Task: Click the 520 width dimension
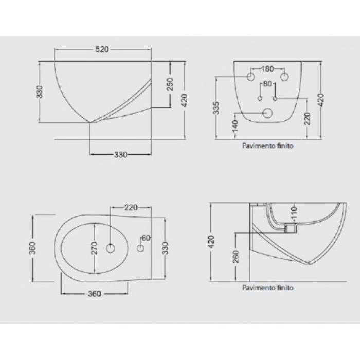tap(102, 49)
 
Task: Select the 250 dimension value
tap(170, 84)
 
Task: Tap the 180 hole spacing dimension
tap(267, 69)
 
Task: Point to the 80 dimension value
tap(267, 84)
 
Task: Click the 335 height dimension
tap(217, 108)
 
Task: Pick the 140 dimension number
tap(235, 126)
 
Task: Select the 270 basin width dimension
tap(94, 248)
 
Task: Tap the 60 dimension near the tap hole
tap(146, 238)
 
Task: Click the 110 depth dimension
tap(294, 212)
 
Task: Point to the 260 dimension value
tap(236, 257)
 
